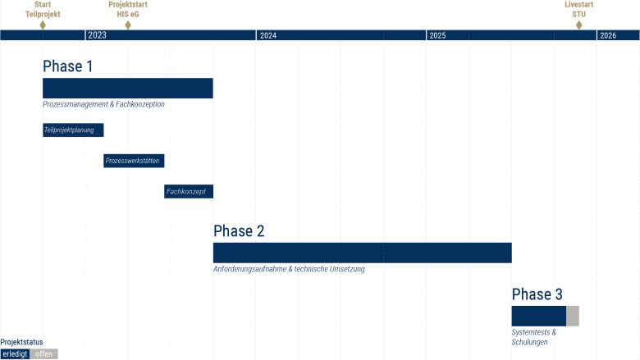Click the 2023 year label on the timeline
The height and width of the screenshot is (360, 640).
[97, 35]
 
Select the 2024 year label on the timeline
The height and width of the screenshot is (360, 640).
[267, 35]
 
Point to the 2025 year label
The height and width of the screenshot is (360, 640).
[437, 35]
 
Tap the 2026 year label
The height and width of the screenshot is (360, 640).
[608, 35]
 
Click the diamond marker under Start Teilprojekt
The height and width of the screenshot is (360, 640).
[43, 25]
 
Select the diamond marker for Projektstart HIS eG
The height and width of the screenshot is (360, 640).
[128, 25]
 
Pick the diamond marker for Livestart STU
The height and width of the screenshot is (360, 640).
[579, 25]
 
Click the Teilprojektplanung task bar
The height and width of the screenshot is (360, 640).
[73, 130]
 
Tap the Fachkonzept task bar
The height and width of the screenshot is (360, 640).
[189, 191]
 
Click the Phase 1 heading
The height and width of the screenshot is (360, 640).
[68, 66]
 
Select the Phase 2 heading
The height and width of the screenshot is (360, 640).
[239, 231]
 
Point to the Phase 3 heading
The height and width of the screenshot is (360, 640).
[537, 294]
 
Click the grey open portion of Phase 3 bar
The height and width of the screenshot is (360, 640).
[573, 316]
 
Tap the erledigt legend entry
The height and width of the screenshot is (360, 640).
[15, 354]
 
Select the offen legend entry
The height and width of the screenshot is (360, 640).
[44, 354]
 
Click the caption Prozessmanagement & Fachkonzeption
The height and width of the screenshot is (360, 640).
[104, 105]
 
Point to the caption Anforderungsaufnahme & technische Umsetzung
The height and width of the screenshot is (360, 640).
[289, 269]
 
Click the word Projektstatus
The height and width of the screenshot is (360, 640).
[22, 342]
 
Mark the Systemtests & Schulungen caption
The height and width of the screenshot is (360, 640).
[533, 337]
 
